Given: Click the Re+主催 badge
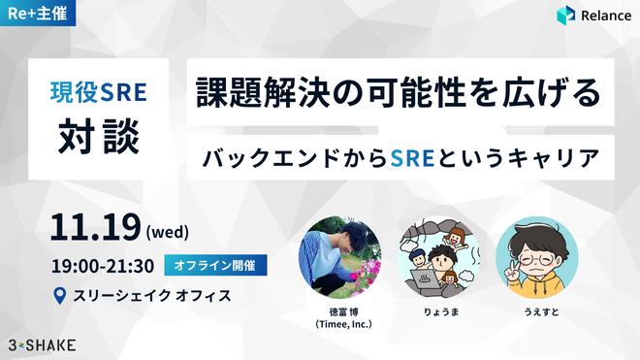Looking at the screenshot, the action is tap(38, 13).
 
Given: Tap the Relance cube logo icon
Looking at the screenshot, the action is tap(566, 16).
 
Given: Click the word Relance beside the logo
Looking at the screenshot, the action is tap(606, 16).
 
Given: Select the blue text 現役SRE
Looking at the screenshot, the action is tap(98, 92).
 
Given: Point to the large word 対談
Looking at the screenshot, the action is tap(99, 136).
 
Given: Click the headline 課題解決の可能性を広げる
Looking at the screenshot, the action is tap(399, 92).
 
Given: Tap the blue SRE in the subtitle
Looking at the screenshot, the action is tap(412, 158).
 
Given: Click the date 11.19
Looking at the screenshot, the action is tap(95, 227).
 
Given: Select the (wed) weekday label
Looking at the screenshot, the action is tap(168, 232).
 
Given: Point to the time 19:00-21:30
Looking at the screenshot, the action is tap(103, 266).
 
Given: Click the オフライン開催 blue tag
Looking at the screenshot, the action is tap(215, 265).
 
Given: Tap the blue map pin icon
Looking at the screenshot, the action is tap(60, 295).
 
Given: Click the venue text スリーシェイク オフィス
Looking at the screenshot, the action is tap(152, 295).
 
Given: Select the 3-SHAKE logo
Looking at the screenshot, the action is tap(42, 345).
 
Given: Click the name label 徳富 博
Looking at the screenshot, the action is tap(343, 312).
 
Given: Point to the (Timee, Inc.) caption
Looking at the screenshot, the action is tap(343, 324).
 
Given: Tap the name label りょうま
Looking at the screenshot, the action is tap(441, 312).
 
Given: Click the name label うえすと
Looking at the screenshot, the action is tap(541, 312).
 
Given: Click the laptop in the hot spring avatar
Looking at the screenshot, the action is tap(427, 278).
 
